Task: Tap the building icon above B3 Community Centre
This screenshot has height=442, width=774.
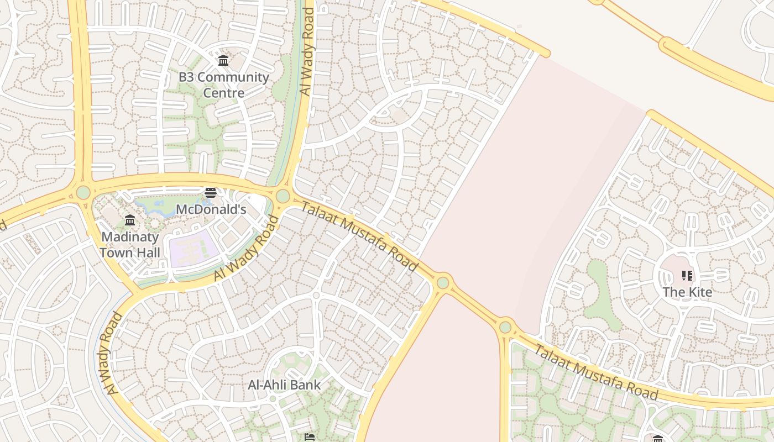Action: click(223, 60)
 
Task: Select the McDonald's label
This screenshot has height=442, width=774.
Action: click(211, 209)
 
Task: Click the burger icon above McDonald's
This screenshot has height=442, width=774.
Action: click(210, 193)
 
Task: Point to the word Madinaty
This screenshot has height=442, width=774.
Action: click(130, 237)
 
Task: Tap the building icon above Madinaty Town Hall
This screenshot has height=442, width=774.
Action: click(130, 220)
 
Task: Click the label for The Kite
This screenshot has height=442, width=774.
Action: click(687, 292)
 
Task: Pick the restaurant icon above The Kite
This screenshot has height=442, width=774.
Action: click(687, 275)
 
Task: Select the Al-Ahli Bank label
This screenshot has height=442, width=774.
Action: click(284, 385)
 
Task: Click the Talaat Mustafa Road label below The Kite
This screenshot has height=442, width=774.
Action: click(596, 371)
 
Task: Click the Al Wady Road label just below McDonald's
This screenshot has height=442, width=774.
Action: click(246, 248)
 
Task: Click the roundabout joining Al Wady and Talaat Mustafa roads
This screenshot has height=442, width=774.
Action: click(283, 196)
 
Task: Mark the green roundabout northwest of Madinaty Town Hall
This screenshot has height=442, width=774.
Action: click(83, 192)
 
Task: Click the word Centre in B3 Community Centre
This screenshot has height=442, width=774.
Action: click(223, 92)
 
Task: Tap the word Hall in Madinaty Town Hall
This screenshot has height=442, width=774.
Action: click(147, 253)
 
